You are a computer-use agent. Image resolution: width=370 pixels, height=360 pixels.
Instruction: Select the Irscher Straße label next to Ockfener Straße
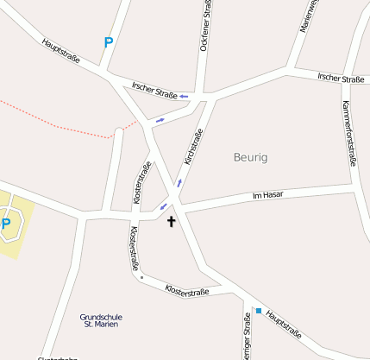click(155, 88)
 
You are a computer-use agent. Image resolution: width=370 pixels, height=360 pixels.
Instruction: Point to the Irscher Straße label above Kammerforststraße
click(341, 79)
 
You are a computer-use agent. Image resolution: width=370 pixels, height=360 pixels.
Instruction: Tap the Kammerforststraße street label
click(350, 130)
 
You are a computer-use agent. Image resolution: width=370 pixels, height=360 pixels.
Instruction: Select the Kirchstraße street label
click(193, 148)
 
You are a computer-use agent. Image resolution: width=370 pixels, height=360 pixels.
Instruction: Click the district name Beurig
click(251, 157)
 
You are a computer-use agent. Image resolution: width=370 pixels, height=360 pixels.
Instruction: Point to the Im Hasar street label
click(268, 197)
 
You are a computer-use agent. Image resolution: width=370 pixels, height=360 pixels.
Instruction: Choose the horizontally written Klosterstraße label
click(186, 288)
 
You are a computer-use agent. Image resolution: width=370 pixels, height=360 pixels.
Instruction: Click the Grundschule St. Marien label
click(99, 320)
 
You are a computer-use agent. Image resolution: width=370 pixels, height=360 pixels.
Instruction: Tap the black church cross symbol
click(171, 222)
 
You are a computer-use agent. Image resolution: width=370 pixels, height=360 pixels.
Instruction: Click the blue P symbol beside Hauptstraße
click(108, 41)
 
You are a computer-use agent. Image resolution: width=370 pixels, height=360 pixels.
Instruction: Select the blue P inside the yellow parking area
click(6, 224)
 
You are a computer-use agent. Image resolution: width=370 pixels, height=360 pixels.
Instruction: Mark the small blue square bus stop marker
click(258, 311)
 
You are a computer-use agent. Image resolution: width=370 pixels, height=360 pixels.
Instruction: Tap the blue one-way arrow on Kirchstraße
click(179, 183)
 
